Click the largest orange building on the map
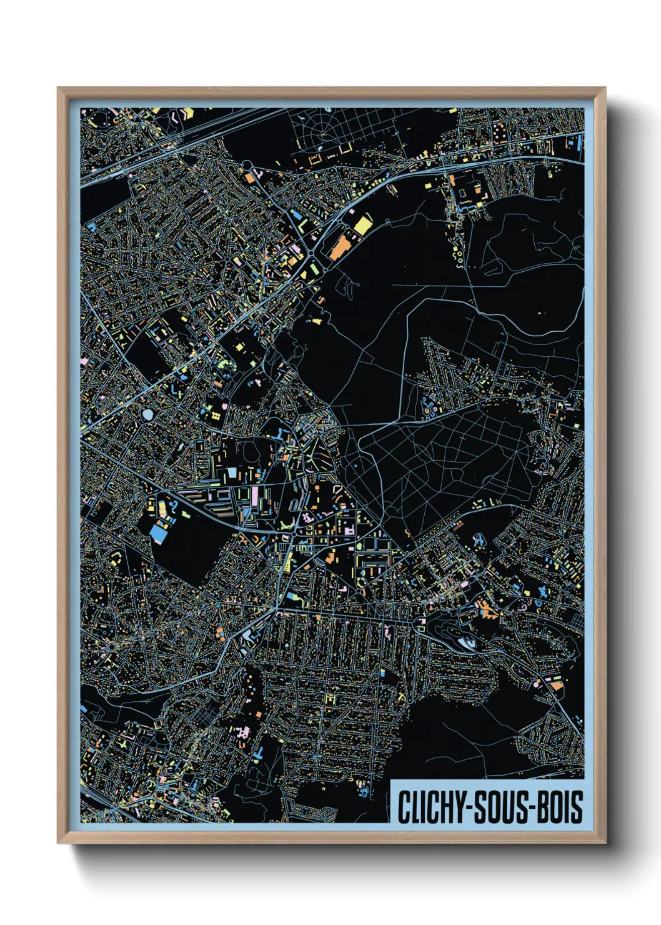340,247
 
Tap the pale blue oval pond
147,414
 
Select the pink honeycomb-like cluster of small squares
308,517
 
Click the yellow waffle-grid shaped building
216,414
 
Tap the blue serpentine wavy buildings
431,406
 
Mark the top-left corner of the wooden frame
58,88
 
